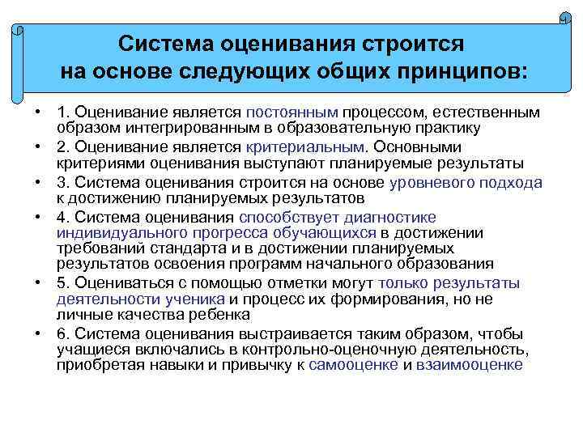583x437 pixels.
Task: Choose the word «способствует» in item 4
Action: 290,218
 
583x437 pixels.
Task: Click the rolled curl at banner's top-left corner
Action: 17,31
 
